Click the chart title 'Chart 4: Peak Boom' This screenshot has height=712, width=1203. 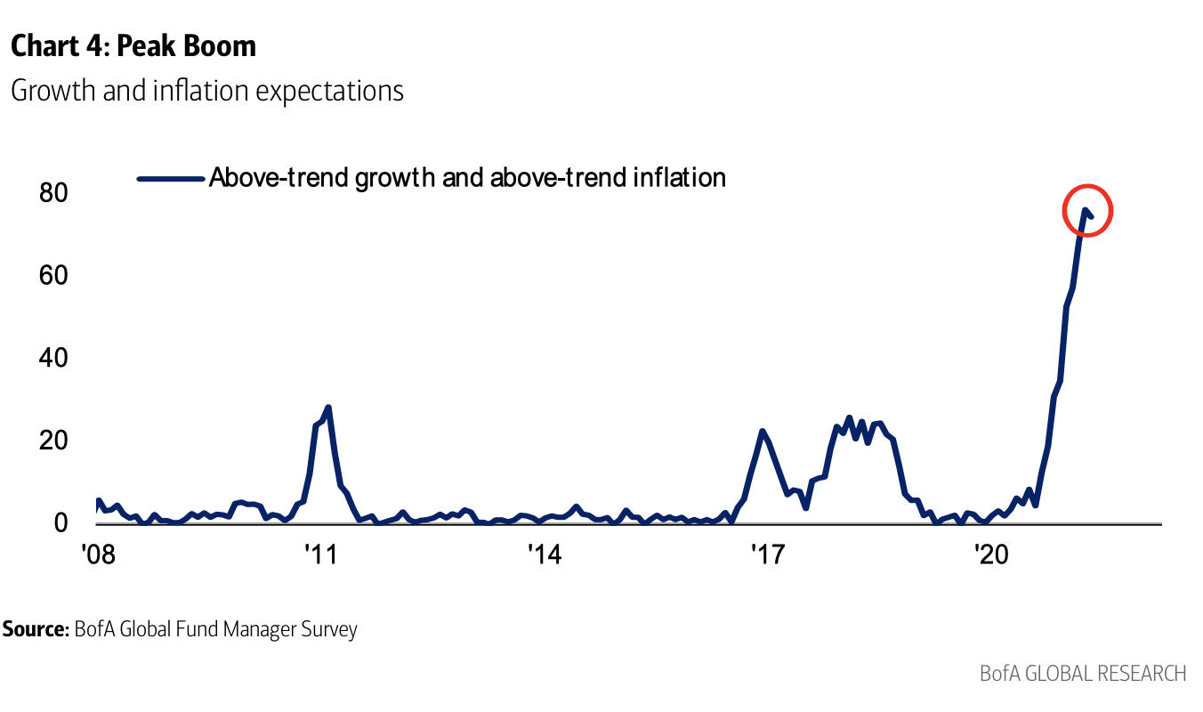(133, 46)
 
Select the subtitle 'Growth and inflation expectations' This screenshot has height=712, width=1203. (206, 91)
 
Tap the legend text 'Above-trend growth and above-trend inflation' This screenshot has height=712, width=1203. (467, 178)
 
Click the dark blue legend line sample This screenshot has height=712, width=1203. (171, 179)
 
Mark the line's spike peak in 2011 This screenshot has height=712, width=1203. (328, 408)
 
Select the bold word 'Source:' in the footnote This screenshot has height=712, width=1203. (36, 630)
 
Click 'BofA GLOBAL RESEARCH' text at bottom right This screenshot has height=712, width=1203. (1083, 673)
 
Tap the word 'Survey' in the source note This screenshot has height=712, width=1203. (328, 630)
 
